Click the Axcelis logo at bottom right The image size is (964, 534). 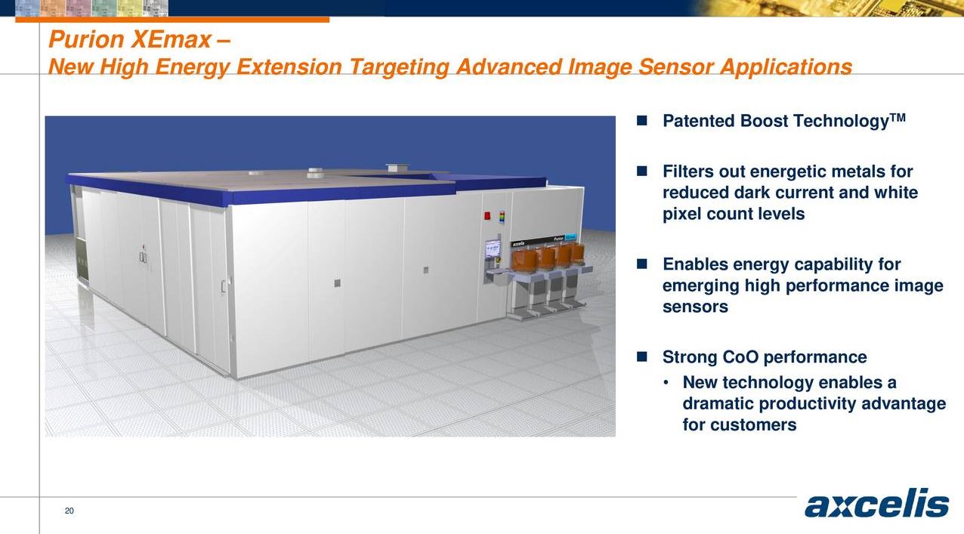876,505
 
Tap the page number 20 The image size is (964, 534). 70,511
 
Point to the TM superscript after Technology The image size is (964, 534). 898,117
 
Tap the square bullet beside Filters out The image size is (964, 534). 642,171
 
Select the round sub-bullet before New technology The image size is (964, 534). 666,383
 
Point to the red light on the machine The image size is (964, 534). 487,216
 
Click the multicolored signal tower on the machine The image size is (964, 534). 500,217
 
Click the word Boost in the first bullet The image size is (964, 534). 764,122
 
